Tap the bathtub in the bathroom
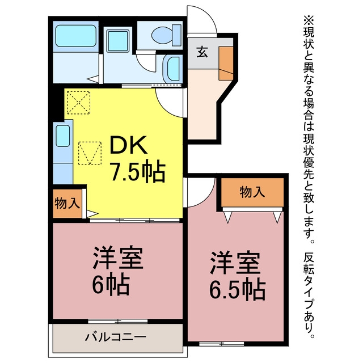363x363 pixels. coord(75,36)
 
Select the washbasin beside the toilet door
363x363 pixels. coord(173,69)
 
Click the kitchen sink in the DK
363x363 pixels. coord(63,136)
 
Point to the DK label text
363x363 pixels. coord(129,145)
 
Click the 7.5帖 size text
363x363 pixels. coord(138,171)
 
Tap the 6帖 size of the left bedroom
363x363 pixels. coord(110,284)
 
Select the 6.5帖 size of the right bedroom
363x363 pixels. coord(237,289)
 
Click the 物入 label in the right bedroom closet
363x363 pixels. coord(252,192)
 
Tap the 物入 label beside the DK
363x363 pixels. coord(67,204)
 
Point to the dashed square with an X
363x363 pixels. coord(78,103)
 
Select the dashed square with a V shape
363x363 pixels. coord(90,153)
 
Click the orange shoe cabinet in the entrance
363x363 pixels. coord(226,64)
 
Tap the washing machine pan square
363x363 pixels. coord(117,41)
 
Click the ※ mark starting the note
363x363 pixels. coord(309,20)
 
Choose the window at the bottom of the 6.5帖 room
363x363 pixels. coord(222,344)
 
